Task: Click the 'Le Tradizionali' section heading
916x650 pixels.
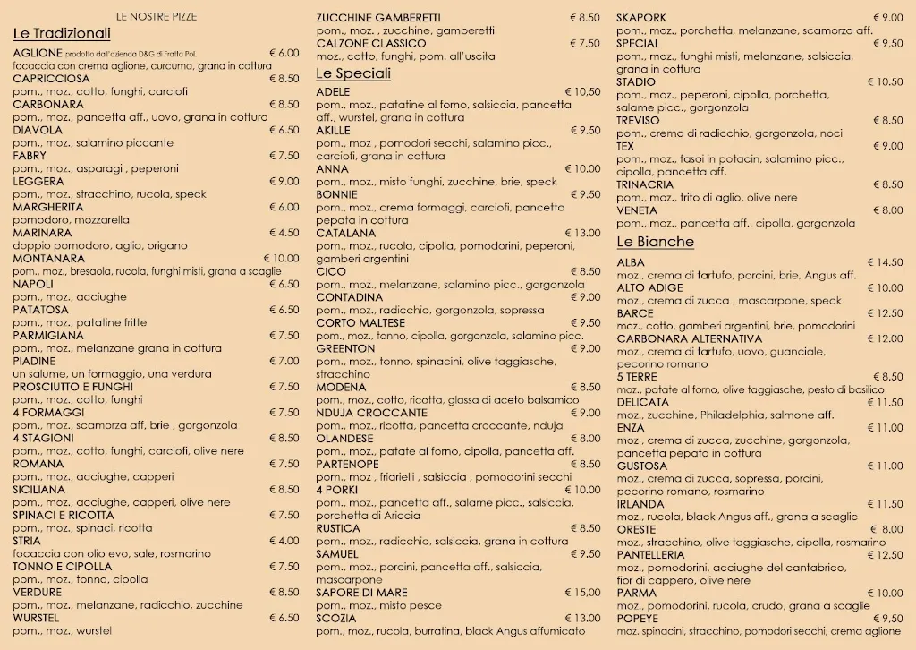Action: coord(62,34)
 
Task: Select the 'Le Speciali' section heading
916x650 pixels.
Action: coord(353,73)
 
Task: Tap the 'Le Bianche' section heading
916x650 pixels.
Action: coord(655,242)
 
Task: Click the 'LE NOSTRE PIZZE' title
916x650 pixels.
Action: coord(157,17)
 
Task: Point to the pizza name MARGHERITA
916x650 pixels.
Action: coord(49,207)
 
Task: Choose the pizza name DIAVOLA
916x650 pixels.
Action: coord(38,130)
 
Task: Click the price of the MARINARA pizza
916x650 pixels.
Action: coord(284,233)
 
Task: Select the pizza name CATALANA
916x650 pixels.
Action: coord(345,233)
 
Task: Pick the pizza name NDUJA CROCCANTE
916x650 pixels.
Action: coord(371,413)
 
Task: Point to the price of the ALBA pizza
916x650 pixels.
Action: coord(884,262)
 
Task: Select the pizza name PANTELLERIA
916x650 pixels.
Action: coord(650,555)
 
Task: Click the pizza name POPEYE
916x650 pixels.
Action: coord(637,619)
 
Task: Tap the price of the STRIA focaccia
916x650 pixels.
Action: coord(284,541)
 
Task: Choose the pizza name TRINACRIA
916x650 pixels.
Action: coord(645,184)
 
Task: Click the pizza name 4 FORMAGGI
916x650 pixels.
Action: coord(48,413)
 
